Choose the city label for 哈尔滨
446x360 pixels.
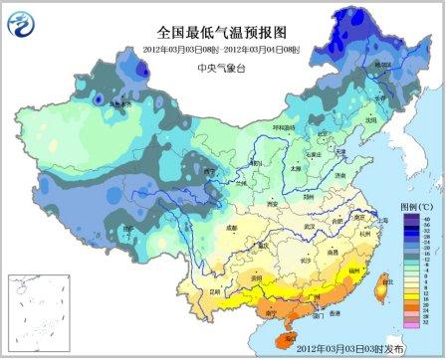381,86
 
